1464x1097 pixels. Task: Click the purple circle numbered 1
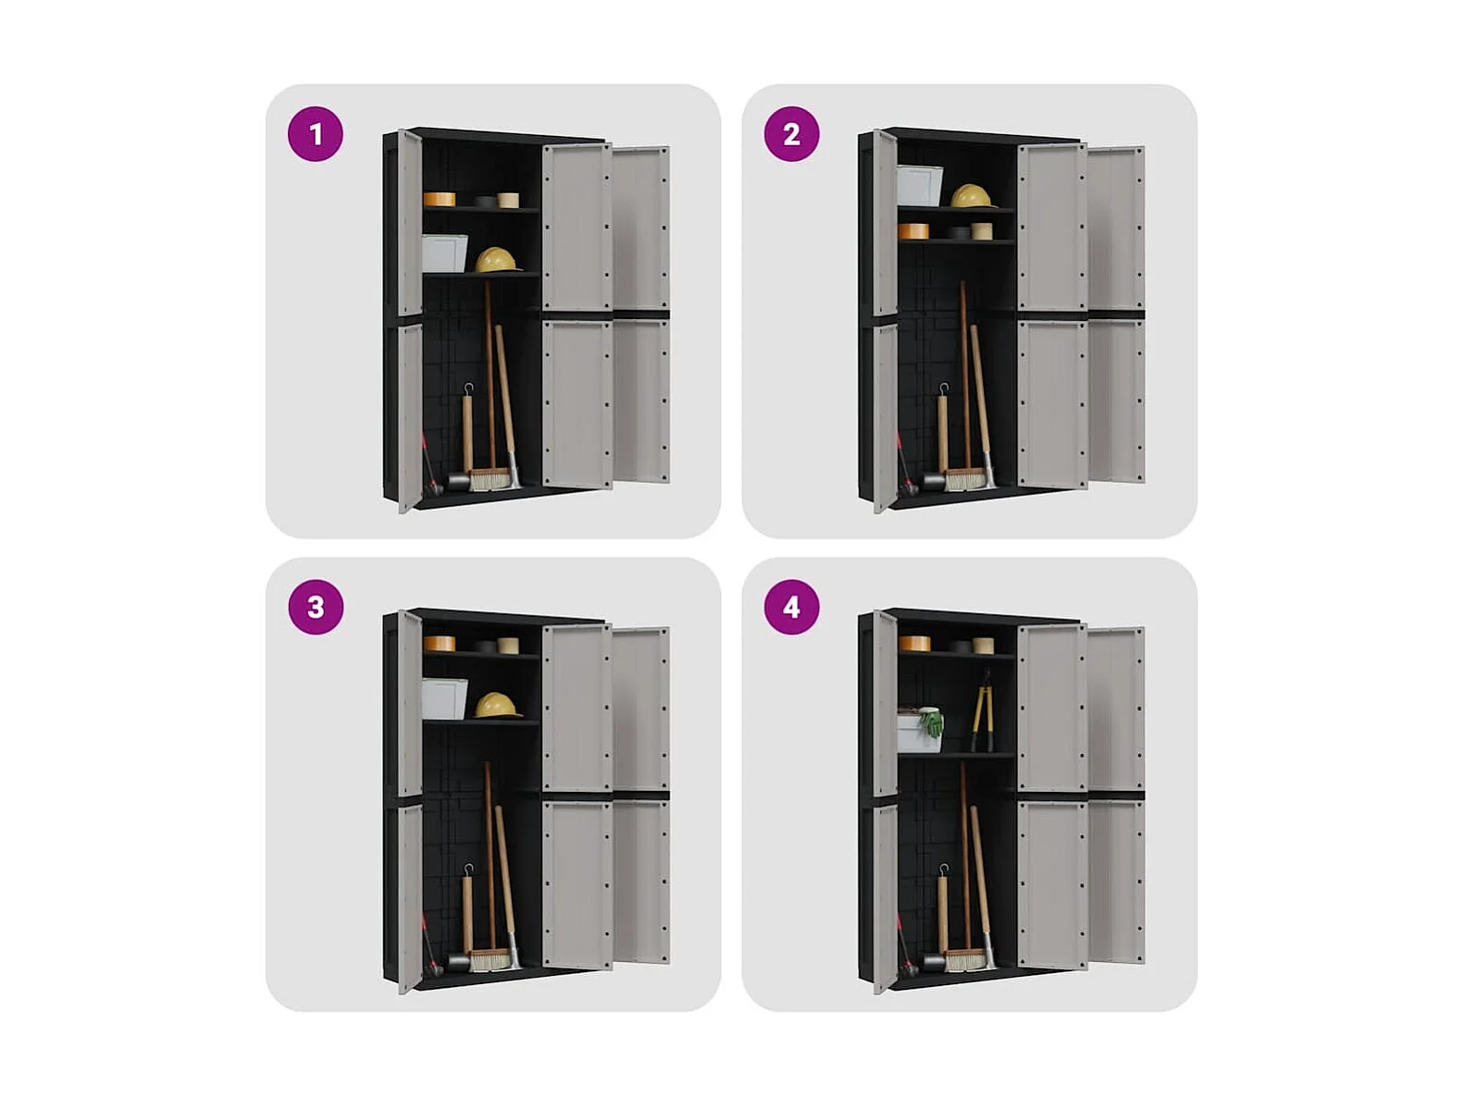[x=316, y=134]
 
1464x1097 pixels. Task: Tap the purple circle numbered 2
[x=791, y=134]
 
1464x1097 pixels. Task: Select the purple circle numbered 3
[x=316, y=607]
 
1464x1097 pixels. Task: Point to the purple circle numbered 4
[x=791, y=607]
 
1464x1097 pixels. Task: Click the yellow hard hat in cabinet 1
[x=498, y=260]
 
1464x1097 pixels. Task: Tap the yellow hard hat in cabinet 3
[x=498, y=705]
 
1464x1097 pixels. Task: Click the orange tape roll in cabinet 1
[x=440, y=199]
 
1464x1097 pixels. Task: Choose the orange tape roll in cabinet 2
[x=913, y=231]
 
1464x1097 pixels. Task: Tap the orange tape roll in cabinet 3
[x=440, y=644]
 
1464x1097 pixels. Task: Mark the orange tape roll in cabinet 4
[x=914, y=644]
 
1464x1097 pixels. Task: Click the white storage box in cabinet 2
[x=919, y=186]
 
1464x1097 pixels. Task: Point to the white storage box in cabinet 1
[x=444, y=254]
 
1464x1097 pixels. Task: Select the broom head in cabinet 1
[x=490, y=480]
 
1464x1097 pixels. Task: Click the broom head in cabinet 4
[x=965, y=960]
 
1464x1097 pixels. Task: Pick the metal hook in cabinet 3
[x=469, y=870]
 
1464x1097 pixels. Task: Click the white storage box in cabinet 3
[x=444, y=699]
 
